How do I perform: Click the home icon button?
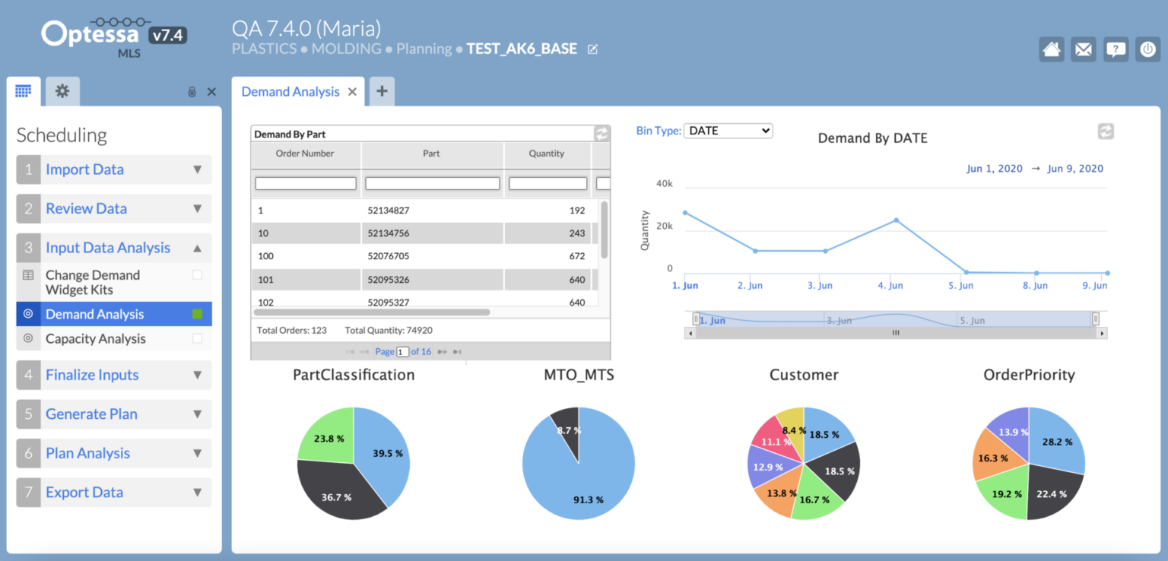point(1052,49)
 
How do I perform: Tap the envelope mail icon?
point(1084,49)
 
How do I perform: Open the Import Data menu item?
point(84,170)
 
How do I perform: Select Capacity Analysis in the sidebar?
point(95,339)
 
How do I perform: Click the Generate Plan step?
point(91,414)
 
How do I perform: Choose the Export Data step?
point(84,493)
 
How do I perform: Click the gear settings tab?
point(62,91)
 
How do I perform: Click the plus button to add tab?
point(382,91)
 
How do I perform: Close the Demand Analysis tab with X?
point(352,92)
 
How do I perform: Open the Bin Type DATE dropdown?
point(728,131)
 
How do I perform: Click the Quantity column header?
point(546,154)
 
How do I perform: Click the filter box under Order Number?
point(306,183)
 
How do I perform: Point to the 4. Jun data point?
point(897,220)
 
